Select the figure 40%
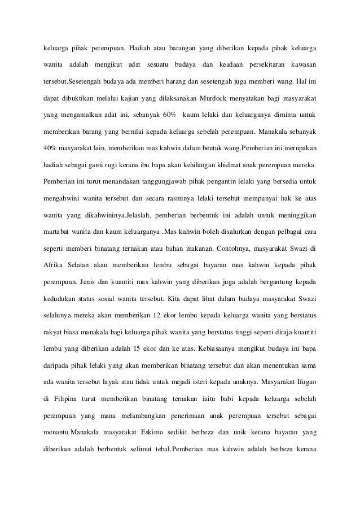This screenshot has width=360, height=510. tap(52, 148)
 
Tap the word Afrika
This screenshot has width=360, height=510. tap(55, 265)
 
